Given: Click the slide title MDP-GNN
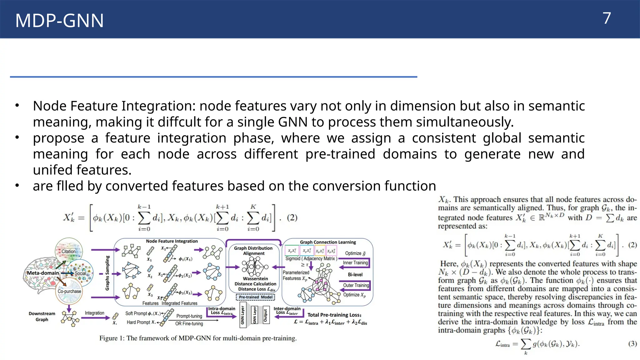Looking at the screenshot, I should coord(59,21).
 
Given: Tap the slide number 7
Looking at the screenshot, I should coord(607,18).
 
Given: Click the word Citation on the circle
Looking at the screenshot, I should coord(68,251).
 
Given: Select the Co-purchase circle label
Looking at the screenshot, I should coord(69,291).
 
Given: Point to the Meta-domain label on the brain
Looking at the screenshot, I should coord(43,273).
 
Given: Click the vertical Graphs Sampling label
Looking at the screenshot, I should coord(107,273).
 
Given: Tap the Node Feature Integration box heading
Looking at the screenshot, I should coord(172,241).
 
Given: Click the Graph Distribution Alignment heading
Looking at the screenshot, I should coord(253,251).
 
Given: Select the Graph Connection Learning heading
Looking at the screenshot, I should coord(328,242).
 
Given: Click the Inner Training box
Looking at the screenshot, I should coord(355,263).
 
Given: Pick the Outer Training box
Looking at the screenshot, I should coord(356,285).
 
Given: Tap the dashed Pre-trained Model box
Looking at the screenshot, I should coord(256,297).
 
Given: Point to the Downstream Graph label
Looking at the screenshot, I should coord(42,316).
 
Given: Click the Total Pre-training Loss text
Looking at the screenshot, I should coord(334,315).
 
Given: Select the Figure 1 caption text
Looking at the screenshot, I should coord(198,338).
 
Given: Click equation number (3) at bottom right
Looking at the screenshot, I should coord(632,344).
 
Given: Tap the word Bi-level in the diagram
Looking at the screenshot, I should coord(355,275).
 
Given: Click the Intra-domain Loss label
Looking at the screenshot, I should coord(222,310).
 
